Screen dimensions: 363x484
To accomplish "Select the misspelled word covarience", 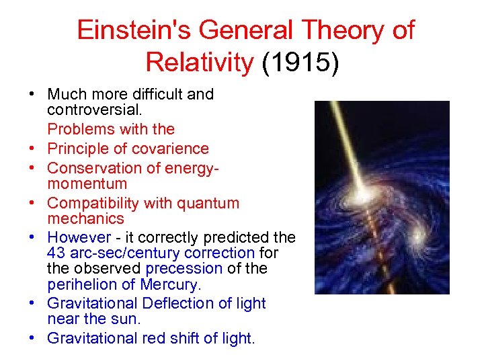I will click(x=176, y=149).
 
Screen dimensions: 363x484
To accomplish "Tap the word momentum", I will click(x=87, y=184).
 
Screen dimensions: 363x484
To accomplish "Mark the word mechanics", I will click(x=85, y=218).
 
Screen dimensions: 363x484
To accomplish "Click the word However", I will click(x=79, y=238).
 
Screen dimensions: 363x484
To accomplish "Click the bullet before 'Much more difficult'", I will click(x=32, y=94).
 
